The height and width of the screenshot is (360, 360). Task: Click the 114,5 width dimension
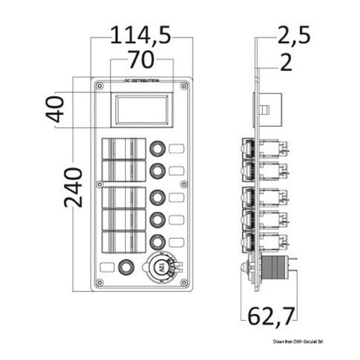pyautogui.click(x=141, y=34)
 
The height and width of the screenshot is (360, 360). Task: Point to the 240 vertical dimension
pyautogui.click(x=72, y=185)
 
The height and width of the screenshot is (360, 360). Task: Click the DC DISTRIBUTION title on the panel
pyautogui.click(x=142, y=81)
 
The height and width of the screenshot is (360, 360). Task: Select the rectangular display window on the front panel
pyautogui.click(x=141, y=110)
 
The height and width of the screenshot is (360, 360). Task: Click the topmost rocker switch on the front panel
pyautogui.click(x=124, y=147)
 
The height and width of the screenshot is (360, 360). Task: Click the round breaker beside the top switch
pyautogui.click(x=157, y=147)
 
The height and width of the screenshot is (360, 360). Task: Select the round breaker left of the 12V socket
pyautogui.click(x=124, y=268)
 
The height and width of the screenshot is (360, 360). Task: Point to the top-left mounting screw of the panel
pyautogui.click(x=99, y=83)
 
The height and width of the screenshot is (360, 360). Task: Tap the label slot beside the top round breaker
pyautogui.click(x=177, y=147)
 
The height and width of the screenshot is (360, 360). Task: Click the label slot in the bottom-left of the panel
pyautogui.click(x=106, y=268)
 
